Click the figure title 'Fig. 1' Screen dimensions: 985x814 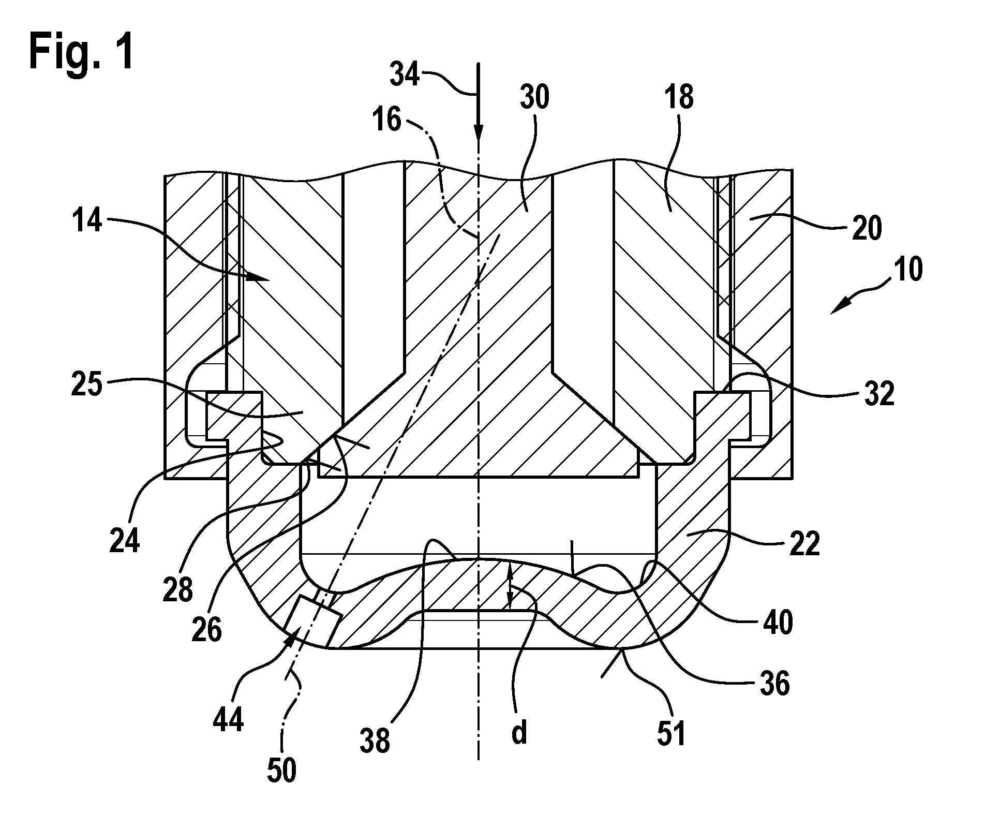point(82,53)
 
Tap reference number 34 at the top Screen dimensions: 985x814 point(405,76)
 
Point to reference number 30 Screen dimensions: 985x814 point(534,97)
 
